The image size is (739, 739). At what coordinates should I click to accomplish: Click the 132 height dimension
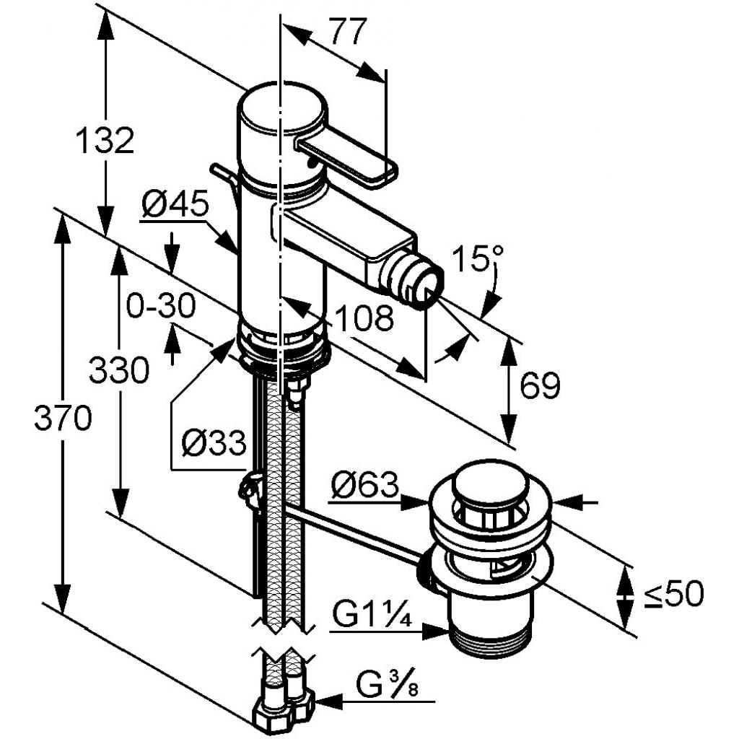pos(105,140)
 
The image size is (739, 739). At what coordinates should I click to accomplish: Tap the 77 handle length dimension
pos(348,32)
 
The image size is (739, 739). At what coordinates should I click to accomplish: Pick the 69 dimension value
pos(540,387)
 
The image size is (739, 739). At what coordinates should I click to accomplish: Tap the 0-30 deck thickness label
pos(160,307)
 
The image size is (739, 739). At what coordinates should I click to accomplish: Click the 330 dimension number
pos(119,371)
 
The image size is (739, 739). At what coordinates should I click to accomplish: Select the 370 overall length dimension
pos(63,419)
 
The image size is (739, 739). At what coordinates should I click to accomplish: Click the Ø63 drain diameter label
pos(364,486)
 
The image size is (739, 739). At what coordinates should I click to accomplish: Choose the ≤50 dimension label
pos(673,594)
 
